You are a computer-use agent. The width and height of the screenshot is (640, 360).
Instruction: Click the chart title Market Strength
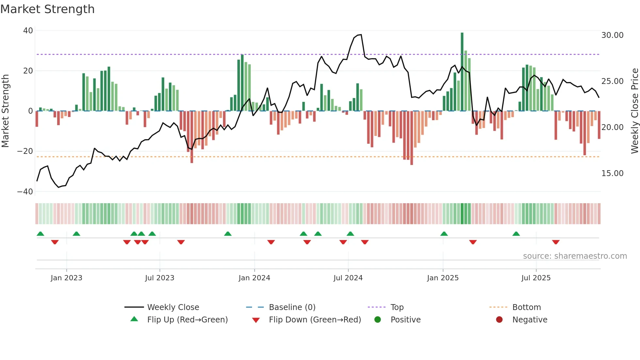(47, 9)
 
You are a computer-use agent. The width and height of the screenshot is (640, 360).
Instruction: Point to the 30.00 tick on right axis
(612, 35)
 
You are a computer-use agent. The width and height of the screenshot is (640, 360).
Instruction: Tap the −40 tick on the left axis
(25, 192)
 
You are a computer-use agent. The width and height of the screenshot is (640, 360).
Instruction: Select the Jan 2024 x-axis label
(254, 278)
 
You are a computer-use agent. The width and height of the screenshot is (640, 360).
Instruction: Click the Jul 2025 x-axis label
(536, 278)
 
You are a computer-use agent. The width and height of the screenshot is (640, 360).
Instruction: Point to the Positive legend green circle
(378, 320)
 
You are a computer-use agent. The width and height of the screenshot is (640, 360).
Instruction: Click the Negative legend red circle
(499, 320)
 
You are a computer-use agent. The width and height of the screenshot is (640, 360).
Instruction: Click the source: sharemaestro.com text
(575, 256)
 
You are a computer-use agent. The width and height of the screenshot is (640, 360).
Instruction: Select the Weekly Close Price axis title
(634, 111)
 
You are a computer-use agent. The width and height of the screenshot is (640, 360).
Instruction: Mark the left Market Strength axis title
(5, 111)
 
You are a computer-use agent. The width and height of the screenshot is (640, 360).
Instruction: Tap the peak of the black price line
(361, 35)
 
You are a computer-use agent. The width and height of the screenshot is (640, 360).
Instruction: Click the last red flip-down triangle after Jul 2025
(556, 242)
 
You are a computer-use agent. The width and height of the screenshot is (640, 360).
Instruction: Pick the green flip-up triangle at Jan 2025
(444, 234)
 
